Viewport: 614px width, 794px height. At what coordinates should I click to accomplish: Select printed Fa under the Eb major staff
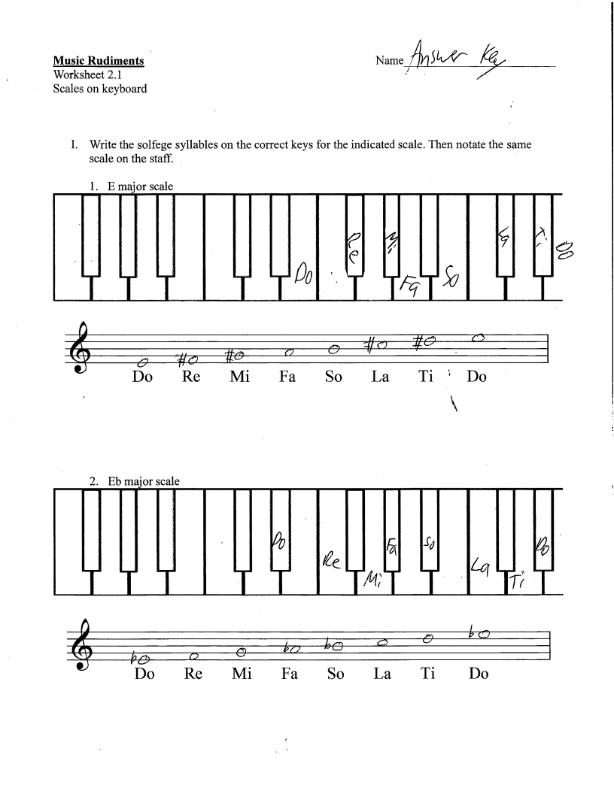click(x=289, y=674)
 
